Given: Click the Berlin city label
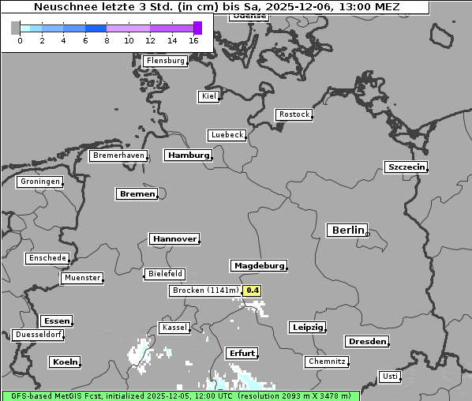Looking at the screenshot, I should pyautogui.click(x=347, y=230).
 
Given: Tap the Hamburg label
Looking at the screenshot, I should pyautogui.click(x=188, y=156).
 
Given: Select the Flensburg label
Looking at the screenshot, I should pyautogui.click(x=165, y=61).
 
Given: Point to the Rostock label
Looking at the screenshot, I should pyautogui.click(x=294, y=114).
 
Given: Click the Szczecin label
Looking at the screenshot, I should pyautogui.click(x=406, y=167).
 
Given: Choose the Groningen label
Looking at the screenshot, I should pyautogui.click(x=39, y=182).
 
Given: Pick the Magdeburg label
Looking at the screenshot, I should pyautogui.click(x=258, y=265).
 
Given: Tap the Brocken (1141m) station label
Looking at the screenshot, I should pyautogui.click(x=204, y=290).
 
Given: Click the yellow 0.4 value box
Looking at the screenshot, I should pyautogui.click(x=252, y=290).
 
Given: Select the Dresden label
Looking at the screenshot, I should pyautogui.click(x=366, y=342).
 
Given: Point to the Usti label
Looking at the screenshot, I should pyautogui.click(x=389, y=377).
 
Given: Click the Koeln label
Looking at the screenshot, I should pyautogui.click(x=65, y=362).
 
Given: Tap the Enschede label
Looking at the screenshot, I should pyautogui.click(x=47, y=258).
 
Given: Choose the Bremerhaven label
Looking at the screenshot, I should pyautogui.click(x=118, y=156).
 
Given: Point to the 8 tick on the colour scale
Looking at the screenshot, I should pyautogui.click(x=107, y=40).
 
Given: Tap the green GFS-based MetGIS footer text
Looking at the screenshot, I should pyautogui.click(x=180, y=395).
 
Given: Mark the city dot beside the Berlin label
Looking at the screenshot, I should pyautogui.click(x=367, y=233).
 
